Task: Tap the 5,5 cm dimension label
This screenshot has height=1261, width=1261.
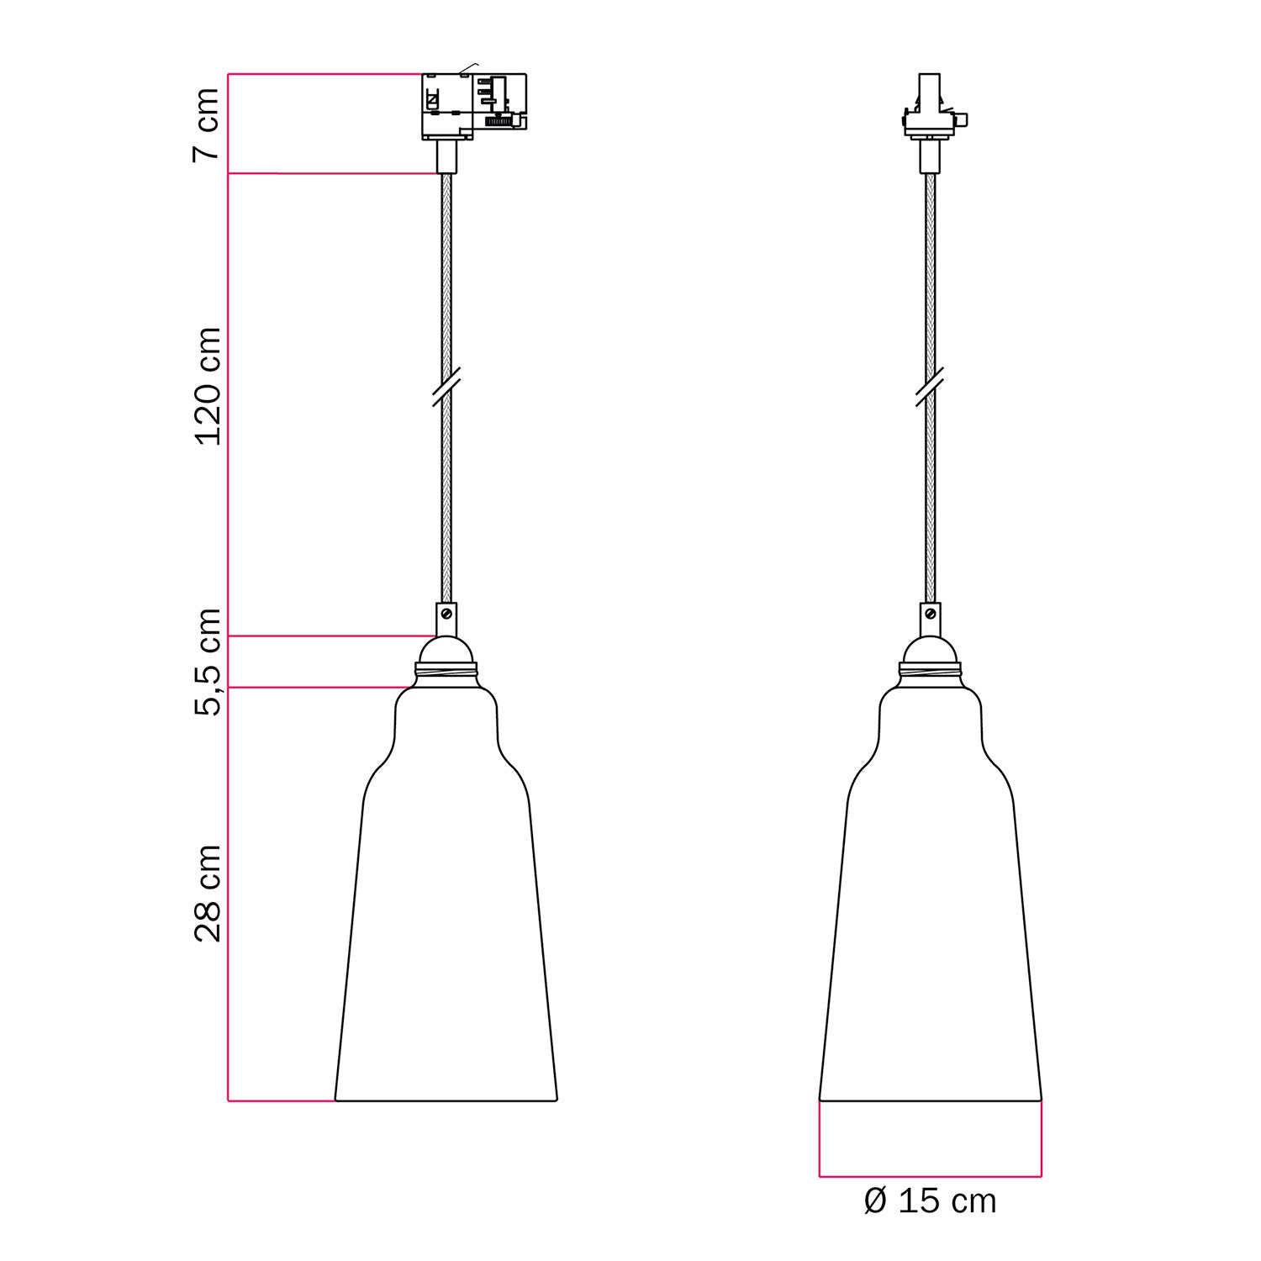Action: click(x=207, y=662)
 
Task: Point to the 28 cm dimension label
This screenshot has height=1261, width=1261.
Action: click(x=207, y=893)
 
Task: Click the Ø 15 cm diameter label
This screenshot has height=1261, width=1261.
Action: click(x=930, y=1201)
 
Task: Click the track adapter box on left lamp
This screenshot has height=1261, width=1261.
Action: click(x=473, y=106)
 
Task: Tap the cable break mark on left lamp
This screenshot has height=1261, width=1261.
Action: click(x=446, y=387)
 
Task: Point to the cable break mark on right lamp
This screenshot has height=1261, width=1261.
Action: click(x=930, y=387)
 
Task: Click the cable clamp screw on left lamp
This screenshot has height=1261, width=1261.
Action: click(x=446, y=615)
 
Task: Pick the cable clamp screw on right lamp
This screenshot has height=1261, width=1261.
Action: click(x=930, y=615)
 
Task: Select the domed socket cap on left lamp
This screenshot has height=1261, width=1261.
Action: click(x=446, y=650)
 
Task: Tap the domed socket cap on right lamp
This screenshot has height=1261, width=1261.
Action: click(x=930, y=650)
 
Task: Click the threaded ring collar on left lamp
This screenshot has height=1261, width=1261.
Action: click(x=446, y=672)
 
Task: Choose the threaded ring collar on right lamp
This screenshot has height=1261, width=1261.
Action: click(x=930, y=672)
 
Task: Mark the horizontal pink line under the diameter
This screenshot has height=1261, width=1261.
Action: click(x=930, y=1175)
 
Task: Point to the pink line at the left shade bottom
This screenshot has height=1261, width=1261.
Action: click(x=281, y=1100)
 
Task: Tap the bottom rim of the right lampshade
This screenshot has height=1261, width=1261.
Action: click(x=930, y=1100)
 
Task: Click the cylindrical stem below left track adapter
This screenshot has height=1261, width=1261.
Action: click(x=446, y=156)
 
